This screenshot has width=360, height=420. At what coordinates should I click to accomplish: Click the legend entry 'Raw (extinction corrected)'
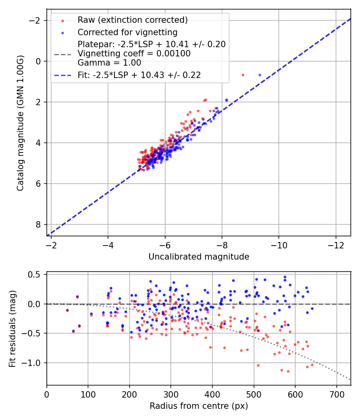(132, 20)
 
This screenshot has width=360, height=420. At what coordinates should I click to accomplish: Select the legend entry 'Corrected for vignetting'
(127, 32)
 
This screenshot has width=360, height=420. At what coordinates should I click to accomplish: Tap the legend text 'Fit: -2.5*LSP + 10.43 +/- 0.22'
(139, 75)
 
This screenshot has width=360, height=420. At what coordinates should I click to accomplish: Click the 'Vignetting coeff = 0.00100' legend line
(134, 53)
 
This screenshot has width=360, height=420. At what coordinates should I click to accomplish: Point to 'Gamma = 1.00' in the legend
(109, 62)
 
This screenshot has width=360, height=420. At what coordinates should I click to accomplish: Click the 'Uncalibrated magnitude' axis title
(199, 257)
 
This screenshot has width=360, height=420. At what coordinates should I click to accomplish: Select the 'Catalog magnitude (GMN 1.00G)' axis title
(21, 123)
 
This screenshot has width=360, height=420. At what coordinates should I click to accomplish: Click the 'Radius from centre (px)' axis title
(199, 406)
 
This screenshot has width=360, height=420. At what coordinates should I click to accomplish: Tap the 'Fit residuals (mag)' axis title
(13, 329)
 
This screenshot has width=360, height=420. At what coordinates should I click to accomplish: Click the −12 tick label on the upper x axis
(336, 245)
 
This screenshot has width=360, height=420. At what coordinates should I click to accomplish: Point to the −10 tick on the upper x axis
(279, 245)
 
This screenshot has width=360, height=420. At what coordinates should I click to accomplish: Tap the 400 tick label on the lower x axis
(212, 394)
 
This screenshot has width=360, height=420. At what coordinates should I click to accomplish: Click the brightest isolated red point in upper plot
(243, 75)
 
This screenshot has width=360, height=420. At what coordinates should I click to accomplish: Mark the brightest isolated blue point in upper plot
(260, 75)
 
